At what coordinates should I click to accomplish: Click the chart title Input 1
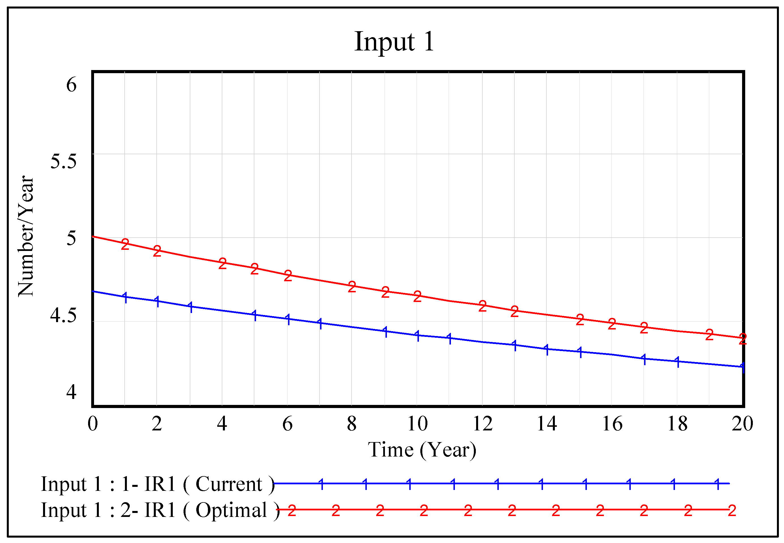[394, 41]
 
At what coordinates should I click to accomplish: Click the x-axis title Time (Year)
[422, 450]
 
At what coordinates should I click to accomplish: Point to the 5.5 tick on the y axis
[63, 161]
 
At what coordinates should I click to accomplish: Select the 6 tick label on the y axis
[71, 84]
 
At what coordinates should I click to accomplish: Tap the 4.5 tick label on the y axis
[63, 315]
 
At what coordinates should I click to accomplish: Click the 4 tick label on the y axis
[71, 392]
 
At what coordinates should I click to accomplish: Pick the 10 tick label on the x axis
[417, 424]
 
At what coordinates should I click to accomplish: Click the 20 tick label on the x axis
[742, 424]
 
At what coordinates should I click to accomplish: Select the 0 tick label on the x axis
[93, 424]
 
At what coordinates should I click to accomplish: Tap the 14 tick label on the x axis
[546, 424]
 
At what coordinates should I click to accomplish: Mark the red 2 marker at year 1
[125, 244]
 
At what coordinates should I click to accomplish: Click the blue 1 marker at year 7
[320, 323]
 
